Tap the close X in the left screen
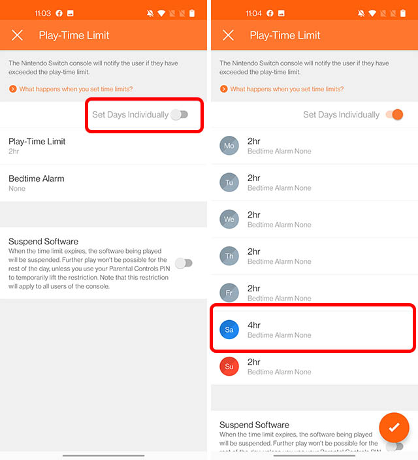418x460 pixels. [x=18, y=35]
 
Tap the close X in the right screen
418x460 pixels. [x=228, y=35]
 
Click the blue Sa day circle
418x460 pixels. [x=229, y=330]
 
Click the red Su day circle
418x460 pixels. [x=229, y=367]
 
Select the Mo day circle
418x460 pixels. [x=229, y=146]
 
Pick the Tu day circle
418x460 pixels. [x=229, y=183]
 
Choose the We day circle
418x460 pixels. [x=229, y=220]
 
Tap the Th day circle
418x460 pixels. [x=229, y=256]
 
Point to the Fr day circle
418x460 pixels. [x=229, y=293]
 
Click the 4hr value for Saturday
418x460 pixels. [x=254, y=325]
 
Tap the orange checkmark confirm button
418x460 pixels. [x=394, y=427]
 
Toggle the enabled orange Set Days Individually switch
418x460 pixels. [x=394, y=114]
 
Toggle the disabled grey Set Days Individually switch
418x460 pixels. [x=179, y=114]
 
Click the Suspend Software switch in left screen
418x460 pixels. [x=184, y=263]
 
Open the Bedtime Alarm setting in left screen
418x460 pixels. [x=37, y=183]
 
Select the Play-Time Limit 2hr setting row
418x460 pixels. [x=37, y=146]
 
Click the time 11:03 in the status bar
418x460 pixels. [x=42, y=13]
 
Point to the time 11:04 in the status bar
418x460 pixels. [x=253, y=13]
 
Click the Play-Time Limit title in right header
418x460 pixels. [x=285, y=35]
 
